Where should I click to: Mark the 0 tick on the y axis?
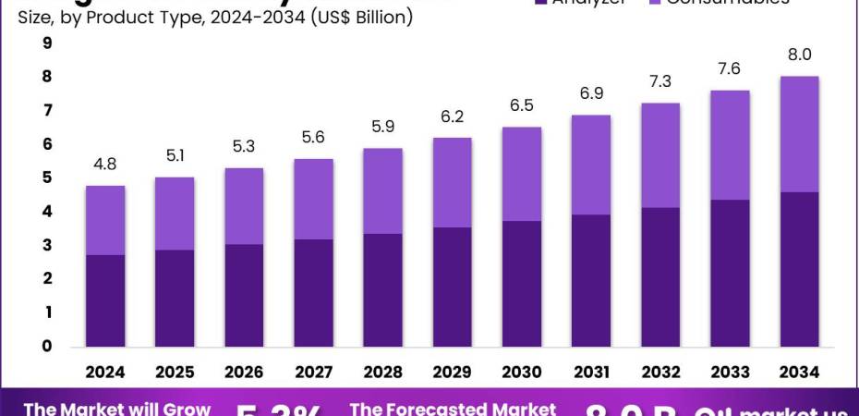point(47,347)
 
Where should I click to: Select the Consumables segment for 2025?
point(175,214)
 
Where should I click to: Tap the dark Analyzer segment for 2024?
point(105,300)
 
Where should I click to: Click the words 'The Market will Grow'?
point(117,408)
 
